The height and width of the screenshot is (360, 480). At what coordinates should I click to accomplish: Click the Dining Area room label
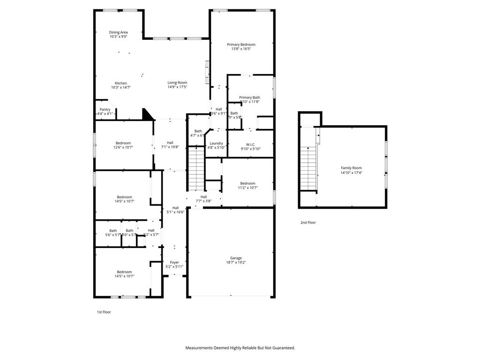(x=118, y=32)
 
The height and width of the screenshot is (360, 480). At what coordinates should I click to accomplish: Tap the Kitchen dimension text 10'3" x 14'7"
(x=120, y=87)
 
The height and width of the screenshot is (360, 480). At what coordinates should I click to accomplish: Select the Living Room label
(x=177, y=82)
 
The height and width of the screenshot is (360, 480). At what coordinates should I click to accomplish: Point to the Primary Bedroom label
(x=241, y=45)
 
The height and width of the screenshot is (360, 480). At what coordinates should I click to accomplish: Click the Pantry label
(x=105, y=109)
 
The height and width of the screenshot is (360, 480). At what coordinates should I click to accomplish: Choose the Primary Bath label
(x=249, y=97)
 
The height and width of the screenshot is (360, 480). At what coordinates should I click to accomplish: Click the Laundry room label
(x=216, y=143)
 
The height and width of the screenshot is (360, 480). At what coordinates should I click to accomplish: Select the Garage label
(x=236, y=258)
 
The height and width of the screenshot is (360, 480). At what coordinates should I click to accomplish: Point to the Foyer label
(x=174, y=262)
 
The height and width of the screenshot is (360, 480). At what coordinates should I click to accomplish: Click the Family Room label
(x=351, y=168)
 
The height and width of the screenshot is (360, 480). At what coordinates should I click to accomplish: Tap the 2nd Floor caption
(x=308, y=223)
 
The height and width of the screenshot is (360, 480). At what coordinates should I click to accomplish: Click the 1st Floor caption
(x=103, y=312)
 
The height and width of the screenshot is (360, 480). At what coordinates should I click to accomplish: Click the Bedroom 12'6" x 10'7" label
(x=124, y=143)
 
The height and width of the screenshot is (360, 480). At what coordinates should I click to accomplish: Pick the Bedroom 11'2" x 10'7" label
(x=247, y=183)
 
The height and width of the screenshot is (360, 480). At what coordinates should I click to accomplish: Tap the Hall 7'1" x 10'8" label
(x=170, y=143)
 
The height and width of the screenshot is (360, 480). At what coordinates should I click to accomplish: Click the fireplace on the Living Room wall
(x=206, y=73)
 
